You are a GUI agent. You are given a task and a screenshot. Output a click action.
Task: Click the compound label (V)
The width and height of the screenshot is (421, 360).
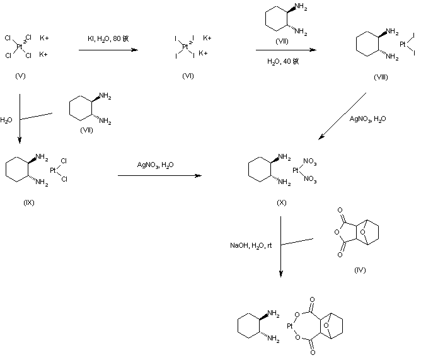20,76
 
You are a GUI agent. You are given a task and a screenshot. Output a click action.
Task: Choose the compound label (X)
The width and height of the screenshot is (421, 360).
281,202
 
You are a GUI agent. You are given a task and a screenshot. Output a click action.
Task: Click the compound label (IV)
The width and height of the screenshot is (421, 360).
360,270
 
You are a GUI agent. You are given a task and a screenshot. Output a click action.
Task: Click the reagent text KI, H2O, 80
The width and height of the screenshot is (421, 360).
108,39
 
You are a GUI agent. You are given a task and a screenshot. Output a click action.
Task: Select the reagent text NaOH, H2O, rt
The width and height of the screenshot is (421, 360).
250,245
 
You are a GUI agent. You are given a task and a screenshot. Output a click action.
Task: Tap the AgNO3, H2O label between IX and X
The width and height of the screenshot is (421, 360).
157,165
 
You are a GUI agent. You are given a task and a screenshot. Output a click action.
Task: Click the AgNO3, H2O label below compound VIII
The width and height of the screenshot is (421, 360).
370,117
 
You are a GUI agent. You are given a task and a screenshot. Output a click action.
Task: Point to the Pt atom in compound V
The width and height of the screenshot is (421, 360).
20,46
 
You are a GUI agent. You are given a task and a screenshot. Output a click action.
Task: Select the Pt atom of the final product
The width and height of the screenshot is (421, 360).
290,327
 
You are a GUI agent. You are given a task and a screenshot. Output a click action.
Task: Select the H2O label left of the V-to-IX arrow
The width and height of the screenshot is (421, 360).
6,118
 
